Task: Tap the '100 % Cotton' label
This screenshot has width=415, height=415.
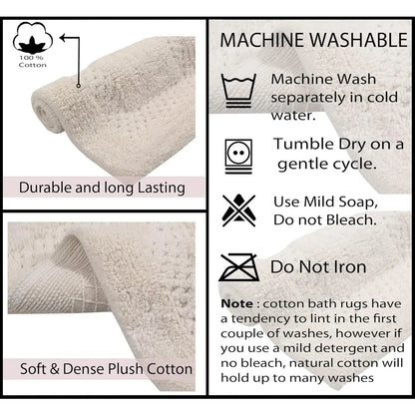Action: pyautogui.click(x=33, y=61)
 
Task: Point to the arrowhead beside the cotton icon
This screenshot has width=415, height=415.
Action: pyautogui.click(x=63, y=37)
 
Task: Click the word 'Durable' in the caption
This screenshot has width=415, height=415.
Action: pyautogui.click(x=45, y=188)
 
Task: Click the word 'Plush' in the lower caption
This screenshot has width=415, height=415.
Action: pyautogui.click(x=126, y=369)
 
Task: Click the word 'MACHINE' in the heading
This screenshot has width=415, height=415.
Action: pyautogui.click(x=264, y=40)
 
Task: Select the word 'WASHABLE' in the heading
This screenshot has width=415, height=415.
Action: pyautogui.click(x=360, y=40)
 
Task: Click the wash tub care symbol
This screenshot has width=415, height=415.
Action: pyautogui.click(x=238, y=91)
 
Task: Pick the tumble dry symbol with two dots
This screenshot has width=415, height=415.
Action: pyautogui.click(x=238, y=157)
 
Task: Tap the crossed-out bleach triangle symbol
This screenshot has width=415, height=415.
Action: pyautogui.click(x=238, y=210)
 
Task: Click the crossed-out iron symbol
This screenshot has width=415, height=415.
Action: pyautogui.click(x=239, y=267)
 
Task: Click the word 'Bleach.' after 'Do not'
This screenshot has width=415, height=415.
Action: pyautogui.click(x=351, y=219)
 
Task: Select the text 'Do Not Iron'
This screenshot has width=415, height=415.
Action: pyautogui.click(x=318, y=267)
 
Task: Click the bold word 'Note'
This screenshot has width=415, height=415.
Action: pyautogui.click(x=237, y=303)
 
